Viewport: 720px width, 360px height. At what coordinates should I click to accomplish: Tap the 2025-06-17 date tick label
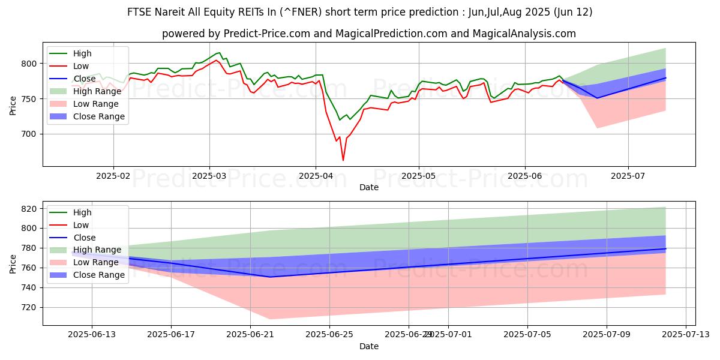click(172, 335)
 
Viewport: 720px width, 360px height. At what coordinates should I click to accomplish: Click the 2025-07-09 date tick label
click(607, 335)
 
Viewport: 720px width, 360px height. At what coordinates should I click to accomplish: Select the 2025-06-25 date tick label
click(330, 335)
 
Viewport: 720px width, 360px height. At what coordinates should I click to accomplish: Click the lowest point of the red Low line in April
click(343, 160)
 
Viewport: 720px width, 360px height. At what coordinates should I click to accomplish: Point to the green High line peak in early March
click(219, 53)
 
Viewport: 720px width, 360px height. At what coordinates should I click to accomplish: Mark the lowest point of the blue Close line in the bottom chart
click(270, 277)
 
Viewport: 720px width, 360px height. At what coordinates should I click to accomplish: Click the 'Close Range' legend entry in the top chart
click(100, 116)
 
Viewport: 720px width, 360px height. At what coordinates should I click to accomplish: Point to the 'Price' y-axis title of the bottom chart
click(13, 263)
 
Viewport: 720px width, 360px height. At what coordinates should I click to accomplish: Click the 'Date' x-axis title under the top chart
click(368, 187)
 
